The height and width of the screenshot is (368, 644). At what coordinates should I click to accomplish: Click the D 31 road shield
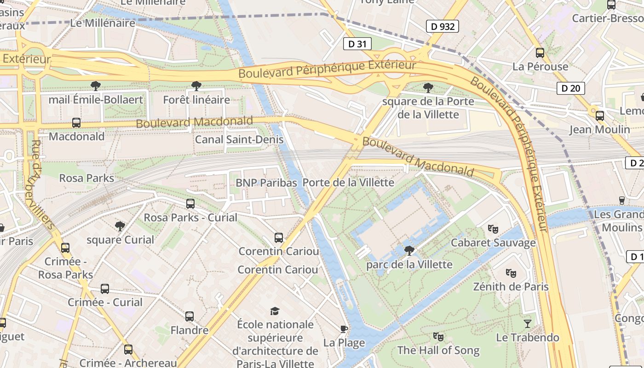coord(357,44)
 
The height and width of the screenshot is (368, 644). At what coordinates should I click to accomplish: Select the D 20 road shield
coord(571,88)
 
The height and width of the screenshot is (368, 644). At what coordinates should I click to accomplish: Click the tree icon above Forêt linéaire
coord(196,86)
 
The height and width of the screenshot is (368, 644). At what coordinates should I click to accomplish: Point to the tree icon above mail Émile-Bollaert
coord(96,86)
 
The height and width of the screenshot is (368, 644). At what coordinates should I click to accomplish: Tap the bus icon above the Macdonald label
coord(76,123)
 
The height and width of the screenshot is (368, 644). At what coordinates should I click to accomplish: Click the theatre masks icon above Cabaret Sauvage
coord(493,229)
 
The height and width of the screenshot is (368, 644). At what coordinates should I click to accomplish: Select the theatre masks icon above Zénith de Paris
coord(511,273)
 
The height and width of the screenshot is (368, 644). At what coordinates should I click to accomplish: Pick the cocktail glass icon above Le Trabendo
coord(527,323)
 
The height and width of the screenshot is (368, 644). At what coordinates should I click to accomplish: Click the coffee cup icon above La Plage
coord(344,328)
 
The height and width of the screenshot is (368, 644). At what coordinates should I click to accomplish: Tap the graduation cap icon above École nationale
coord(275,311)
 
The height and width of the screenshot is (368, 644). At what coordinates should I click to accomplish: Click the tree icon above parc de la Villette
coord(409,251)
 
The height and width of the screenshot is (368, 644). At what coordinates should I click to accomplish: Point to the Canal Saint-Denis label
coord(239,139)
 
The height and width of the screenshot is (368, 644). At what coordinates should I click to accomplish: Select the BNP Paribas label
coord(266,183)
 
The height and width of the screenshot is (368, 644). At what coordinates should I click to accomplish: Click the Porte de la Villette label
coord(348,183)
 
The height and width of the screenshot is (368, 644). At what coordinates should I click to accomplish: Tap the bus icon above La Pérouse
coord(540,53)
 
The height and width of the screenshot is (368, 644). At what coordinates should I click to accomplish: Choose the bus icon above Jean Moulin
coord(600,116)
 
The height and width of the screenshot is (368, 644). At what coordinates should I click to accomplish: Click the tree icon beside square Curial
coord(120,226)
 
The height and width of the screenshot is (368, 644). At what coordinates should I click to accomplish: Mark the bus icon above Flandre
coord(190,316)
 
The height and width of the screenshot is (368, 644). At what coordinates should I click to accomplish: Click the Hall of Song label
coord(438,351)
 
